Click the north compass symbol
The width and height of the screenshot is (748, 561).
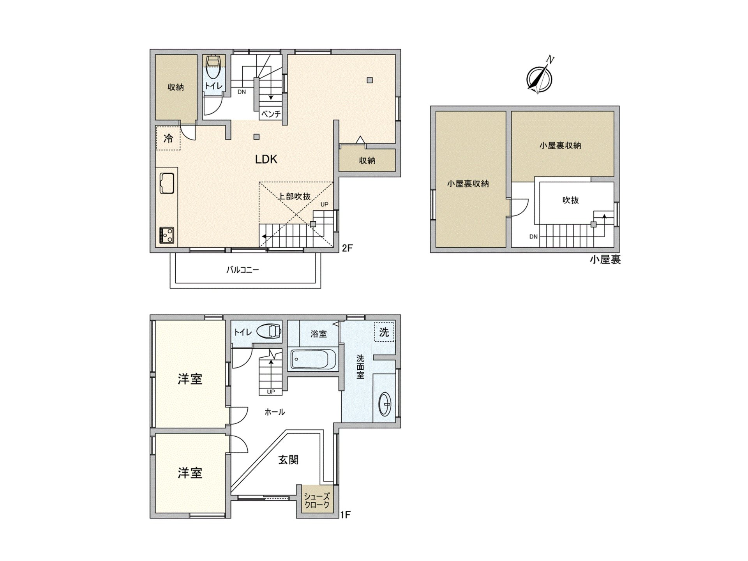539,78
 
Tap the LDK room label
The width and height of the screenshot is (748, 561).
266,159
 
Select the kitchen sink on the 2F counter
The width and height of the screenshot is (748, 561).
167,183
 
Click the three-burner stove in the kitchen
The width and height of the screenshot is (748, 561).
167,235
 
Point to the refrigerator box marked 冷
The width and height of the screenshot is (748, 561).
168,138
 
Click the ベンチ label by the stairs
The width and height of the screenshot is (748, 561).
271,114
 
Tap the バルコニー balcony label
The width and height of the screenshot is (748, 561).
243,270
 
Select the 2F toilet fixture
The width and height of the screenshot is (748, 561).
213,68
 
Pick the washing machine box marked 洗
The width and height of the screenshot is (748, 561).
384,332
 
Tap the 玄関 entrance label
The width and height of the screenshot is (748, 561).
288,460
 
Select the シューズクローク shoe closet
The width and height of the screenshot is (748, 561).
317,500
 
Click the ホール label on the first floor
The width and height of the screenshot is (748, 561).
275,412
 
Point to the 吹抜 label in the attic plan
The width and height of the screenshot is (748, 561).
570,200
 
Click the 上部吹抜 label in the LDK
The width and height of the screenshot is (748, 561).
294,196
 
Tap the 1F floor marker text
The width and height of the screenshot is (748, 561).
346,515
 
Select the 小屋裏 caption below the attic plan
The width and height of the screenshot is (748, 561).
605,260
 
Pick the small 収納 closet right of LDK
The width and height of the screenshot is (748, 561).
367,160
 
